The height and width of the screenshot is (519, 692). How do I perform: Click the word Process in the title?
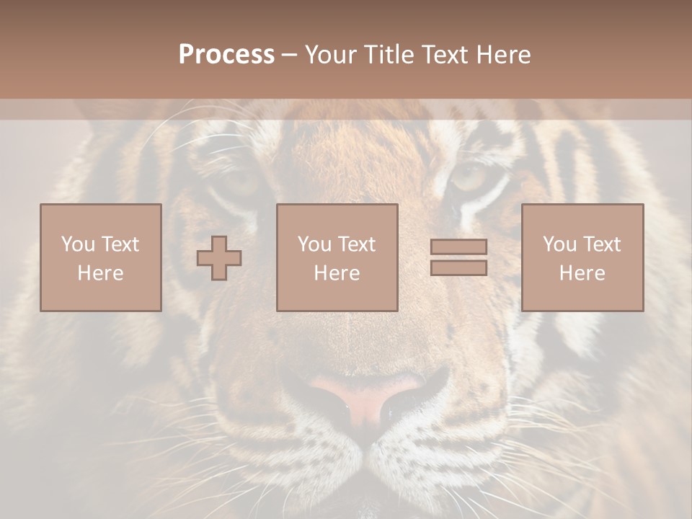tap(226, 55)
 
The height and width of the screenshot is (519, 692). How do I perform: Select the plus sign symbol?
tap(219, 257)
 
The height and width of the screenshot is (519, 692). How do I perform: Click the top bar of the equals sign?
tap(458, 247)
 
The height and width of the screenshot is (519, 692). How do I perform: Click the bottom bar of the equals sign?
tap(458, 268)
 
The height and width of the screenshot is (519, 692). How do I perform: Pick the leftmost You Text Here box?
tap(101, 257)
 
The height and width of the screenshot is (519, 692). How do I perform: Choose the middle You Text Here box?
tap(337, 257)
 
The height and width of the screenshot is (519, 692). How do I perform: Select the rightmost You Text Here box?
tap(582, 257)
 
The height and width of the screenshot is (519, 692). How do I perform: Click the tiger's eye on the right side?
tap(469, 177)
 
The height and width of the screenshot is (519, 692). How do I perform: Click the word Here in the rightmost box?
tap(582, 273)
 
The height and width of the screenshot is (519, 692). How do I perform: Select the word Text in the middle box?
tap(356, 244)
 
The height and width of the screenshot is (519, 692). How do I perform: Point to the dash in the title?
tap(289, 55)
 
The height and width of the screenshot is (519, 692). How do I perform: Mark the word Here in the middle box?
tap(337, 273)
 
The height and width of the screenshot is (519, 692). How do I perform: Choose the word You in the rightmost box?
tap(559, 244)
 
